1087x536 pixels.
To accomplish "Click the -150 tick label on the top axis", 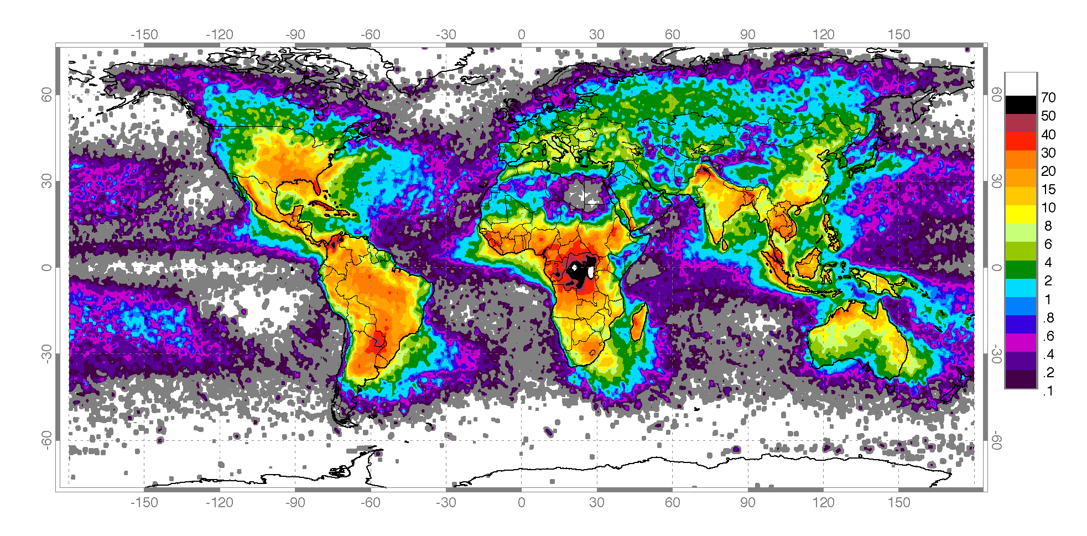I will pyautogui.click(x=144, y=34).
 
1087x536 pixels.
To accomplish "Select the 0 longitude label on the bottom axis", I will pyautogui.click(x=521, y=502).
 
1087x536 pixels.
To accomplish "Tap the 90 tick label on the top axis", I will pyautogui.click(x=747, y=34).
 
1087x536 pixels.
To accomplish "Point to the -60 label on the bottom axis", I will pyautogui.click(x=370, y=502).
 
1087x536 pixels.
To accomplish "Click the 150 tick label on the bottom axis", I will pyautogui.click(x=898, y=502).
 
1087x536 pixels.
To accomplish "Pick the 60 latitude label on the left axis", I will pyautogui.click(x=47, y=95).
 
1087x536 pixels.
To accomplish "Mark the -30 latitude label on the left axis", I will pyautogui.click(x=47, y=353).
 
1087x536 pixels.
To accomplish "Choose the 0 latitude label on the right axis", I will pyautogui.click(x=996, y=268).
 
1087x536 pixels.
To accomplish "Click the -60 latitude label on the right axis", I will pyautogui.click(x=996, y=440).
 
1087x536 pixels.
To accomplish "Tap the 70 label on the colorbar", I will pyautogui.click(x=1048, y=98).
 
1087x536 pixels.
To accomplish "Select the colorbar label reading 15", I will pyautogui.click(x=1048, y=189).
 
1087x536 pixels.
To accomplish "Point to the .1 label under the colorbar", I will pyautogui.click(x=1048, y=391).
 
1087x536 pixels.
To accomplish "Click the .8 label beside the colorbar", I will pyautogui.click(x=1048, y=318).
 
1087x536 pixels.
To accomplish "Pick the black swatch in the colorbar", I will pyautogui.click(x=1021, y=105).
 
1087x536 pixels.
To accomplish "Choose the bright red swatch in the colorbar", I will pyautogui.click(x=1021, y=141).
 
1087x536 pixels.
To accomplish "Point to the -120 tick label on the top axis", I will pyautogui.click(x=219, y=34).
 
